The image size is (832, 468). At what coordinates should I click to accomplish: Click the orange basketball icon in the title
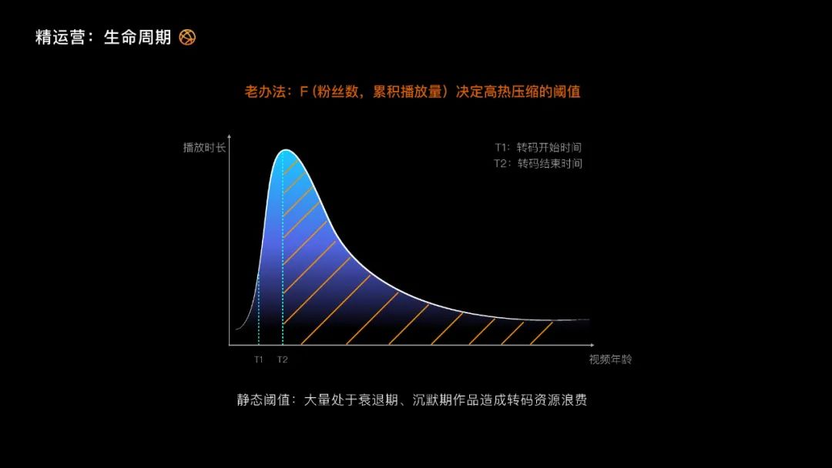[187, 37]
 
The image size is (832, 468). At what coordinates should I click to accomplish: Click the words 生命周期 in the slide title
[137, 37]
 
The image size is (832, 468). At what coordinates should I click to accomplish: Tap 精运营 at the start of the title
[61, 37]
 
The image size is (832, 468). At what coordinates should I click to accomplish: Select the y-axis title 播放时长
[204, 147]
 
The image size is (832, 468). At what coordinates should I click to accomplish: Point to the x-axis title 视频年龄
[610, 359]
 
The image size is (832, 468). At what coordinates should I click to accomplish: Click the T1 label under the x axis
[259, 359]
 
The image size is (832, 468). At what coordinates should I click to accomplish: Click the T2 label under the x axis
[283, 359]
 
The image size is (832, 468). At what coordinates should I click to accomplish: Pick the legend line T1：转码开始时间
[538, 147]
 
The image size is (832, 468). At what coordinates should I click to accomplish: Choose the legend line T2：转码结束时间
[538, 163]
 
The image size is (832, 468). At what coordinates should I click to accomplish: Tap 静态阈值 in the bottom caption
[264, 400]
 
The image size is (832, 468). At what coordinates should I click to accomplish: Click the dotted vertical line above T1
[259, 308]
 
